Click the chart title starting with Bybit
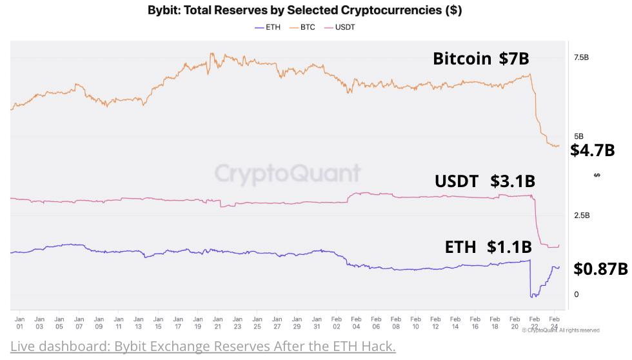pos(304,12)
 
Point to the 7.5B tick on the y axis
pos(581,57)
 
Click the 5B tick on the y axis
pos(578,137)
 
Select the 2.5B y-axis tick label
pos(581,215)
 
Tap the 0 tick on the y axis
pos(577,294)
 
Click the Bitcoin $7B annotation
pos(480,59)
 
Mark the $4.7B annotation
pos(592,151)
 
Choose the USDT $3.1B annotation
pos(484,181)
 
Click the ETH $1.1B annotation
pos(488,246)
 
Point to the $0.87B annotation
pos(600,268)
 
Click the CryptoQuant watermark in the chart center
pos(287,173)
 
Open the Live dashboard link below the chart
pos(202,346)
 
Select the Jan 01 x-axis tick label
pos(19,322)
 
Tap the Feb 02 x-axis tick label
pos(337,322)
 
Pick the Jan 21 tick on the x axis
pos(217,322)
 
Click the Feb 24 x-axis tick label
pos(554,322)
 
